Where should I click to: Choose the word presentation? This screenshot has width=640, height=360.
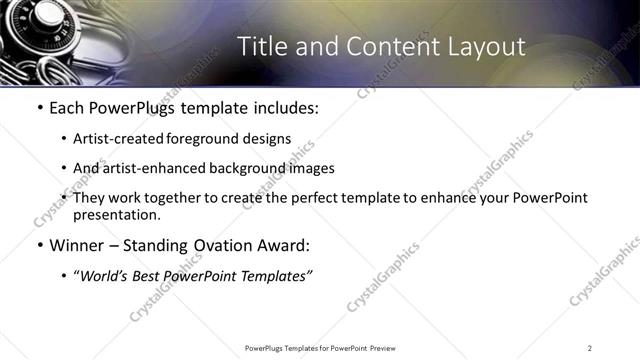[x=117, y=215]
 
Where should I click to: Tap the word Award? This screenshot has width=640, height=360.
[x=286, y=246]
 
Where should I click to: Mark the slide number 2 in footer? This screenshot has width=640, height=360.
[x=590, y=348]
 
